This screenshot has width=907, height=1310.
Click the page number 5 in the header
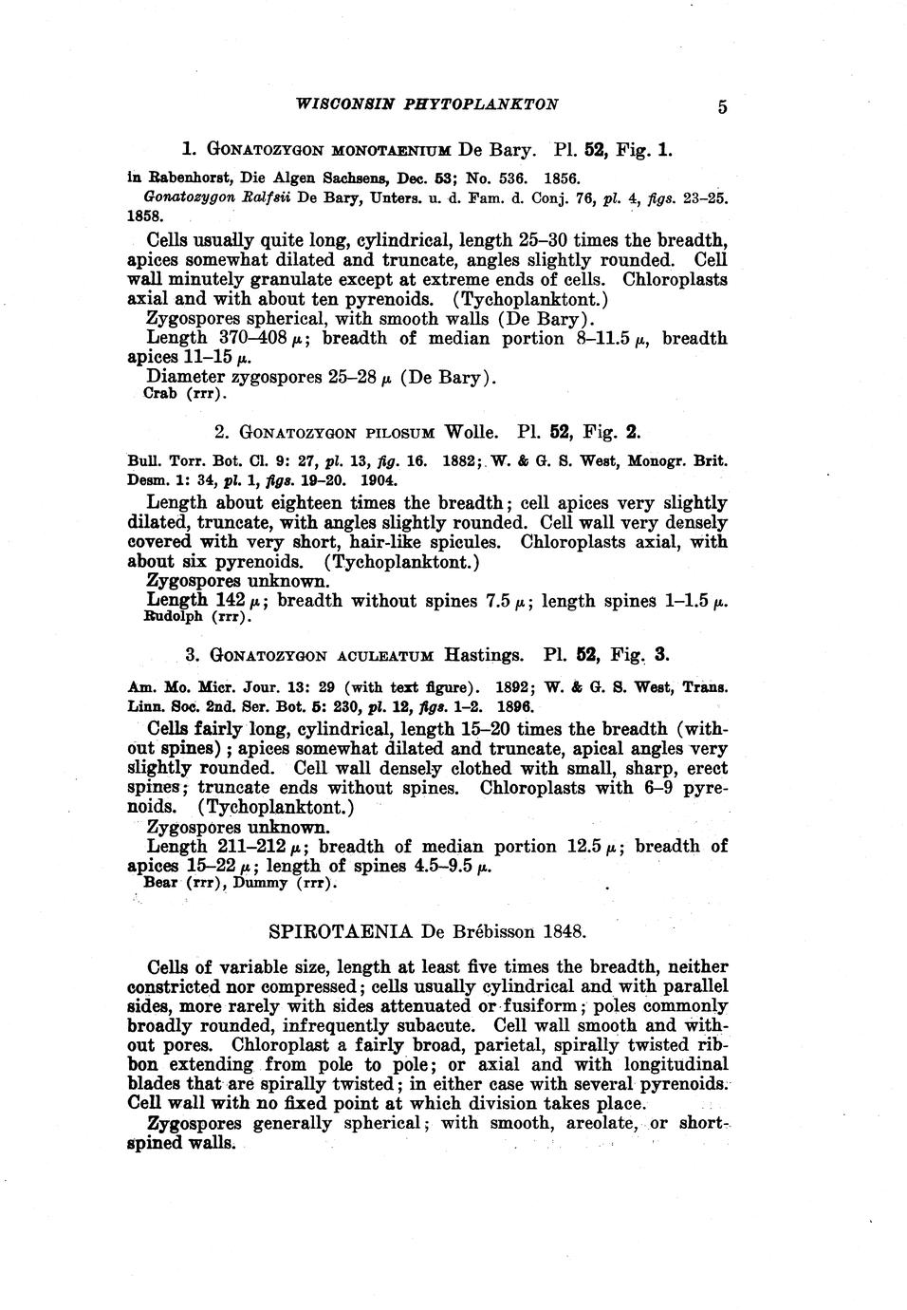click(723, 107)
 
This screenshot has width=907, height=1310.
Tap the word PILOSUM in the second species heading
click(396, 433)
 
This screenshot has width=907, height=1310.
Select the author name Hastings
click(483, 655)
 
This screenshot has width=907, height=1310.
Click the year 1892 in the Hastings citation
click(513, 687)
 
